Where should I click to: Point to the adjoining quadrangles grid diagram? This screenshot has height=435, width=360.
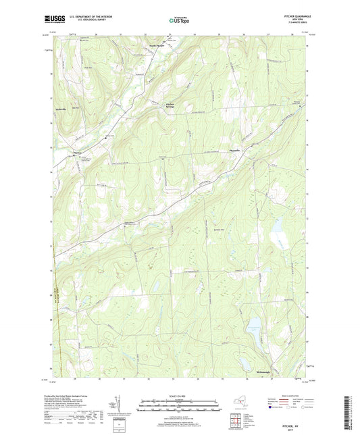coord(237,422)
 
